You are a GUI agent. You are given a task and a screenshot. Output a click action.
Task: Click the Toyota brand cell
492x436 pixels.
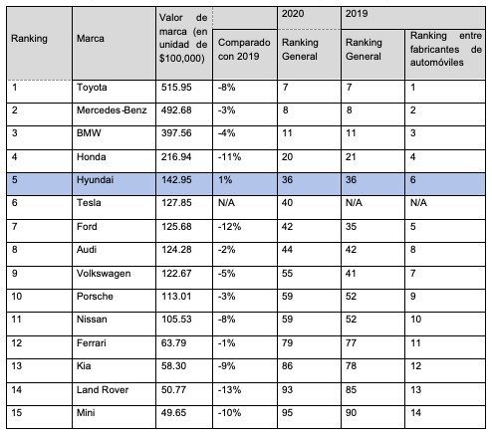pos(92,88)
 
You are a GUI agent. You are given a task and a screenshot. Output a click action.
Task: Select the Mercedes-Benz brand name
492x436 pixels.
pos(112,110)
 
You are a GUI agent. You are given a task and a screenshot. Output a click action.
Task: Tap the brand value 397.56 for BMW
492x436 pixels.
pos(176,133)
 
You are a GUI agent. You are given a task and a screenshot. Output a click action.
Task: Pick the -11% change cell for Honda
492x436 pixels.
pos(229,156)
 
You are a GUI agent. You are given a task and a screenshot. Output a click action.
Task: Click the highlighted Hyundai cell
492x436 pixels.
pos(95,180)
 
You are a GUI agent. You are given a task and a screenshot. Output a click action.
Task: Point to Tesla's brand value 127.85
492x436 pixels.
pos(176,203)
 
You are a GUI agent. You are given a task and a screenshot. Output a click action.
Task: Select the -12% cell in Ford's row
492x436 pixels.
pos(229,227)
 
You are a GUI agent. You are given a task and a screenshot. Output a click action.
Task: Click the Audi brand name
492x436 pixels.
pos(87,250)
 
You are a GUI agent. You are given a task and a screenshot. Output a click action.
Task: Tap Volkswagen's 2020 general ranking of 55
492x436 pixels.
pos(287,274)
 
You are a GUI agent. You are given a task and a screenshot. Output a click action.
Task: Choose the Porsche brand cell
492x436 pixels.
pos(95,297)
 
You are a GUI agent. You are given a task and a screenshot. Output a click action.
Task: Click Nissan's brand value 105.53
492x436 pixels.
pos(176,320)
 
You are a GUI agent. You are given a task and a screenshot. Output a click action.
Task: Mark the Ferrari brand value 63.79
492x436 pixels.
pos(173,342)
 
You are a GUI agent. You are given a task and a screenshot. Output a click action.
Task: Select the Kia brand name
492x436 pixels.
pos(84,366)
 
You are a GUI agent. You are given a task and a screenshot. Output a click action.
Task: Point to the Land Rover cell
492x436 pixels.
pos(103,389)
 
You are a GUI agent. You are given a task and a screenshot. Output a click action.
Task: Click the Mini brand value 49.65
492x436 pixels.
pos(173,413)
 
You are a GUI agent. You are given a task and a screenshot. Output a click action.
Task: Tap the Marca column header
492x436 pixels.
pos(91,39)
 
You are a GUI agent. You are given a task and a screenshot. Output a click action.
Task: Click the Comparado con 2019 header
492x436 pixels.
pos(244,50)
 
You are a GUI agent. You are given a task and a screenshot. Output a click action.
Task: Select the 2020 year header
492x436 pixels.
pos(293,14)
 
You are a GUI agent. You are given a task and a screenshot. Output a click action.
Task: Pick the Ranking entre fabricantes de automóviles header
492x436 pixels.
pos(446,49)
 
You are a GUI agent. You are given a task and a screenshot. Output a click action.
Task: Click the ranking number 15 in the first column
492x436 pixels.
pos(17,413)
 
